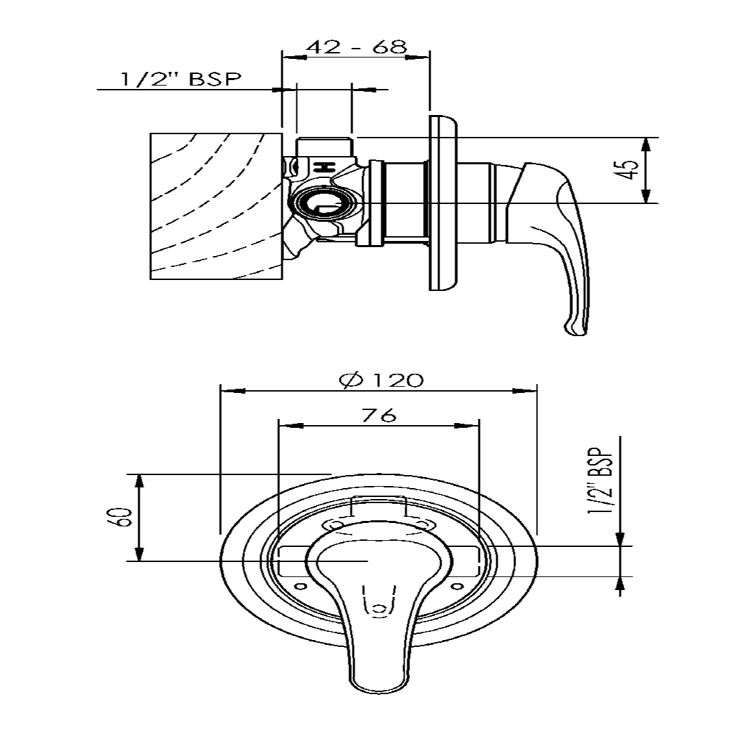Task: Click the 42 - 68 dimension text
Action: pyautogui.click(x=356, y=47)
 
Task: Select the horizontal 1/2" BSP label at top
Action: pyautogui.click(x=181, y=79)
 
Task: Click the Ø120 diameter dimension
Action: pyautogui.click(x=381, y=380)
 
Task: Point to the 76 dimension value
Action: pyautogui.click(x=379, y=415)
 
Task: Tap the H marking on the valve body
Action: pyautogui.click(x=322, y=168)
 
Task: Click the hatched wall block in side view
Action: pyautogui.click(x=216, y=206)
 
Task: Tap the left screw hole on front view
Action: pyautogui.click(x=299, y=586)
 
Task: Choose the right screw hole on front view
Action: pyautogui.click(x=457, y=586)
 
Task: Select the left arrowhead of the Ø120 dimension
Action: pyautogui.click(x=230, y=391)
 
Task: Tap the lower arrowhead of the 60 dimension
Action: pyautogui.click(x=140, y=554)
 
